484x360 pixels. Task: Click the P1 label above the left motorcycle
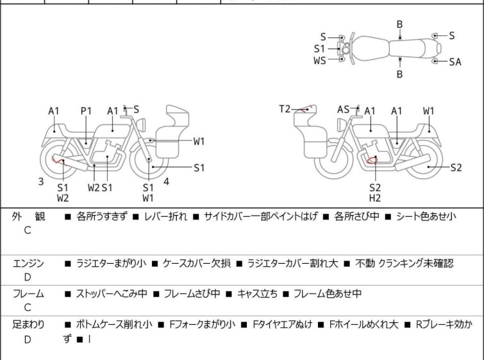pyautogui.click(x=87, y=111)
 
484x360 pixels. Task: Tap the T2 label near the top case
pyautogui.click(x=285, y=109)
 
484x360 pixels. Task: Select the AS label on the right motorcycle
pyautogui.click(x=344, y=110)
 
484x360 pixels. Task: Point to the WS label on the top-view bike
pyautogui.click(x=319, y=61)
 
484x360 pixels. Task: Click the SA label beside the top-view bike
pyautogui.click(x=455, y=62)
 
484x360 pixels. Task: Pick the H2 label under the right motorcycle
pyautogui.click(x=375, y=198)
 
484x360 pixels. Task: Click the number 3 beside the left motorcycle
pyautogui.click(x=41, y=182)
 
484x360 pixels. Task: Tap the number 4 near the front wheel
pyautogui.click(x=166, y=182)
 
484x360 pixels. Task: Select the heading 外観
pyautogui.click(x=29, y=217)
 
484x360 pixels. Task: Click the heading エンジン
pyautogui.click(x=29, y=263)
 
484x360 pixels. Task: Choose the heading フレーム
pyautogui.click(x=29, y=294)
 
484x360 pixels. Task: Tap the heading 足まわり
pyautogui.click(x=29, y=325)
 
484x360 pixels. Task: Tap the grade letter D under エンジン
pyautogui.click(x=28, y=277)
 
